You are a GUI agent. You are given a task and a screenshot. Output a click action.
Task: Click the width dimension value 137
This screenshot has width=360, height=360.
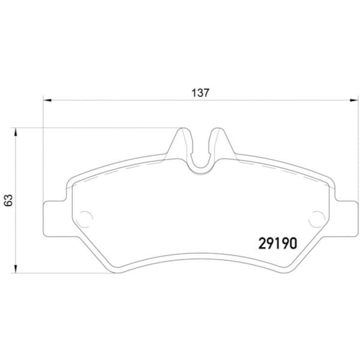click(x=200, y=93)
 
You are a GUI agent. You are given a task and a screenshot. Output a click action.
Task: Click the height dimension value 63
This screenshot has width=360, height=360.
click(x=8, y=200)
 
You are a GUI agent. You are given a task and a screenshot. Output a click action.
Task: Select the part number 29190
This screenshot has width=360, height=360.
click(x=277, y=243)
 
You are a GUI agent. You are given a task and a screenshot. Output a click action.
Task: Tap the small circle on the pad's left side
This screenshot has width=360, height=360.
click(x=85, y=217)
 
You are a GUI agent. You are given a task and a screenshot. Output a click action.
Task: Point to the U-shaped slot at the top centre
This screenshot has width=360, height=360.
click(x=200, y=153)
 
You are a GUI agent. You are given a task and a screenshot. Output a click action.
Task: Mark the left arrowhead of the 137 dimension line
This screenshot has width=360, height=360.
click(x=46, y=100)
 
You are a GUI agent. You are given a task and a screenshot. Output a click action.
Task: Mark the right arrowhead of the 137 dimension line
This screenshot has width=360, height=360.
click(x=353, y=100)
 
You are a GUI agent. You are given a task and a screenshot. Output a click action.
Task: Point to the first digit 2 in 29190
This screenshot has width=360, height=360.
click(x=262, y=243)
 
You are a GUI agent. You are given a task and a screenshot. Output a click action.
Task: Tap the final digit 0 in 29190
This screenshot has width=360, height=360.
click(x=293, y=243)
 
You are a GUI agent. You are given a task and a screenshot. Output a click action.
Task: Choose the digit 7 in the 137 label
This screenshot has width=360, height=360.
click(x=206, y=93)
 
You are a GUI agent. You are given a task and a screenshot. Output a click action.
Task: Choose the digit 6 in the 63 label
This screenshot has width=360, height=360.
click(x=8, y=203)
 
